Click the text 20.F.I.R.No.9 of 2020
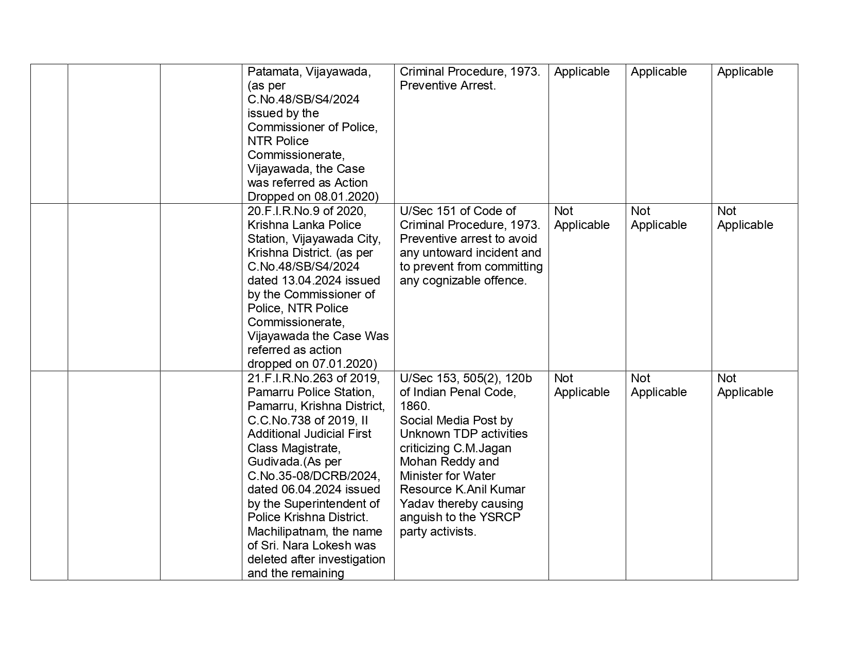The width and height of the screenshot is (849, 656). [x=306, y=211]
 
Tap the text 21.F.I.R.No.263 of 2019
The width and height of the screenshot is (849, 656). [x=313, y=379]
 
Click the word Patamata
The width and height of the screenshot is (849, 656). [x=273, y=72]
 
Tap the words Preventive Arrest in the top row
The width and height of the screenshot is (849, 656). [x=447, y=86]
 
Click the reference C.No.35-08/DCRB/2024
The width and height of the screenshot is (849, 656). [x=313, y=476]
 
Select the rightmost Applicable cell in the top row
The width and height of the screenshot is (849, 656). [x=745, y=72]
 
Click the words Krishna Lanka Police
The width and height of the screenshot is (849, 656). [x=297, y=225]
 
